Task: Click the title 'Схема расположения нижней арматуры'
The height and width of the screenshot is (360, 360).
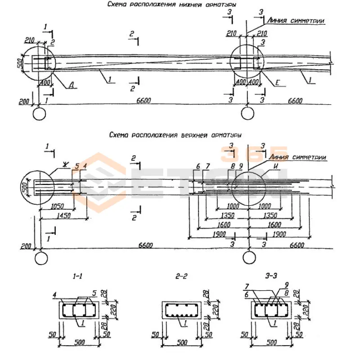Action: click(172, 4)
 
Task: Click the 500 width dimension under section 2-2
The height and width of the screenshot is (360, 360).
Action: click(181, 343)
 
